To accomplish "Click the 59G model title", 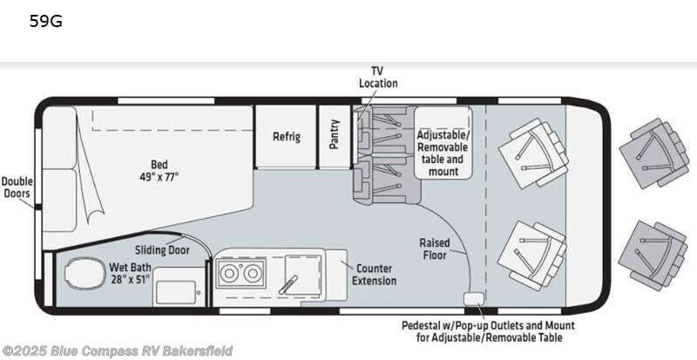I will tap(45, 22).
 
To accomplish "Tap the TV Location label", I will tap(378, 77).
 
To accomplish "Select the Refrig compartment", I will tap(286, 137).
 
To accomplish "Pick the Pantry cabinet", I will tap(334, 135).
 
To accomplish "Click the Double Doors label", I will tap(17, 187).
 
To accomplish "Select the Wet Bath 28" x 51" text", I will tap(130, 273).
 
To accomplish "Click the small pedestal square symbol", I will tap(473, 300).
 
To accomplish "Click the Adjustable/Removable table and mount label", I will tap(443, 153).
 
